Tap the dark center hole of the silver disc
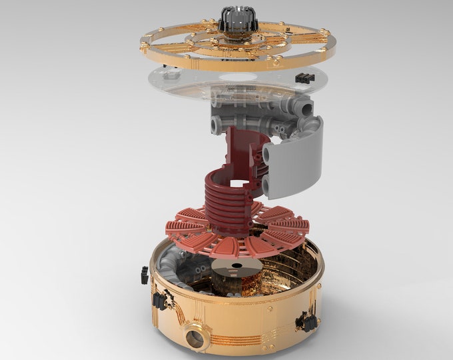235,269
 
